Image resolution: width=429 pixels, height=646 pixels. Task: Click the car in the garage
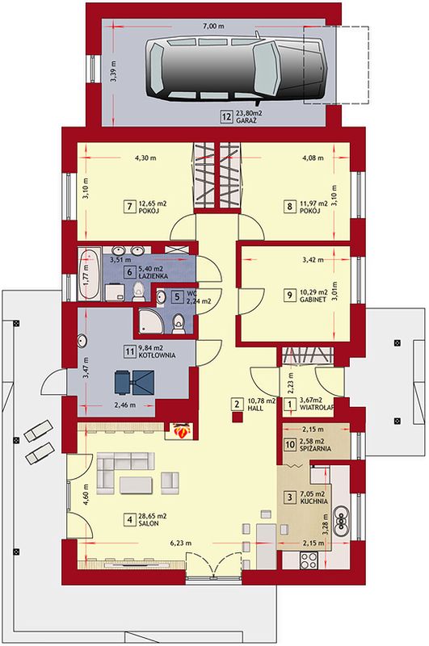(235, 69)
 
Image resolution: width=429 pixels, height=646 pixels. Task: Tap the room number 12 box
(226, 116)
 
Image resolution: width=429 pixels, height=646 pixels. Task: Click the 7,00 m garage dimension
(213, 27)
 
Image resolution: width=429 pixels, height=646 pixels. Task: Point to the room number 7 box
(130, 206)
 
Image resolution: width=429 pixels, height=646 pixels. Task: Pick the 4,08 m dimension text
(313, 157)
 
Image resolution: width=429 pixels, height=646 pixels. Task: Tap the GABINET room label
(313, 300)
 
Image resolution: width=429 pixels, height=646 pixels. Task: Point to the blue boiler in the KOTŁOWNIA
(134, 382)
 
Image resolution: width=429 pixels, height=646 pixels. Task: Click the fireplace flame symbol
(180, 431)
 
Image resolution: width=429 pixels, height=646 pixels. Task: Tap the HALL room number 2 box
(237, 404)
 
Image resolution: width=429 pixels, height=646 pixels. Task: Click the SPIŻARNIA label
(315, 449)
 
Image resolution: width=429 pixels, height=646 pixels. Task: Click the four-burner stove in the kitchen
(309, 560)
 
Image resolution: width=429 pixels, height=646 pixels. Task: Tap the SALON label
(149, 523)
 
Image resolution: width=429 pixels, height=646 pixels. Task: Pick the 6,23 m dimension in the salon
(181, 543)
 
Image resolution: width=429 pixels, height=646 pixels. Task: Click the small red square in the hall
(237, 417)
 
